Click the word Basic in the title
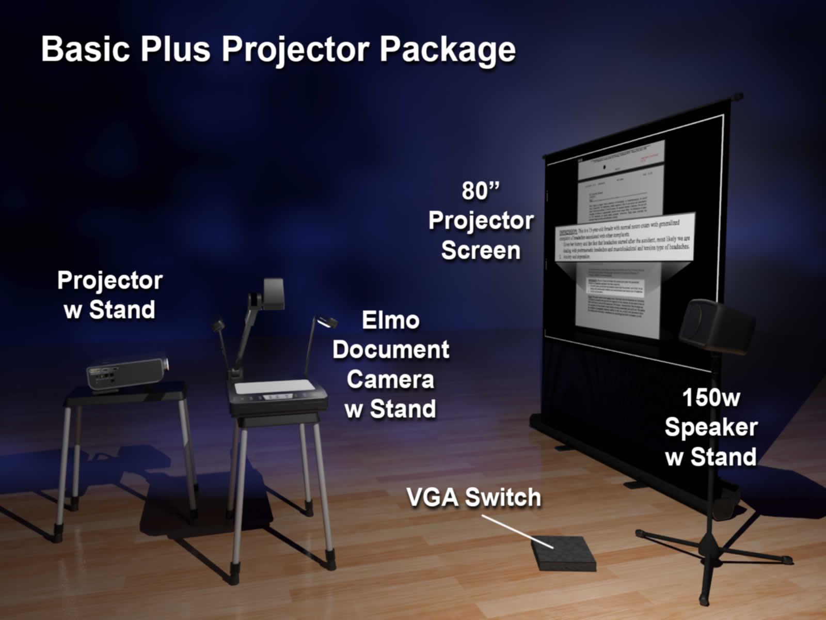point(85,49)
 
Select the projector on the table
point(126,371)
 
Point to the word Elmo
point(390,320)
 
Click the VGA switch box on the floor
point(564,553)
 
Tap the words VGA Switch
point(473,498)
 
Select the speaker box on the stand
point(716,326)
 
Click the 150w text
point(711,398)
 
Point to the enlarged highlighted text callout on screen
point(625,240)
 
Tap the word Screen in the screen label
point(481,251)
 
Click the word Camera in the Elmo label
point(390,380)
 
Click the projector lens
point(165,364)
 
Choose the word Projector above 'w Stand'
point(110,281)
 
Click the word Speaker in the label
point(711,427)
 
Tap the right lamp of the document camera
point(326,322)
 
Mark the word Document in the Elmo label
point(390,350)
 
